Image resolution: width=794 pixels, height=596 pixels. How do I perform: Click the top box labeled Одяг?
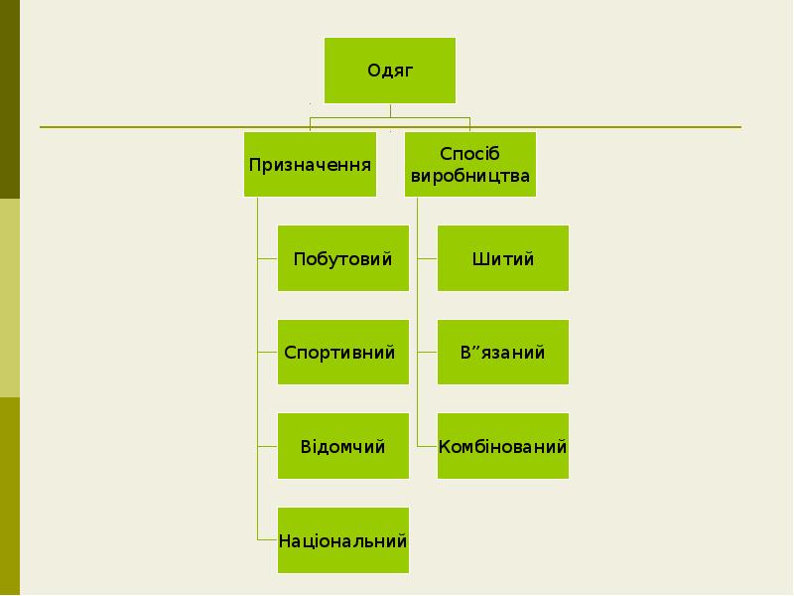click(x=390, y=71)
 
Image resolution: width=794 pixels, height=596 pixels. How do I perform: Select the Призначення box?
click(x=311, y=165)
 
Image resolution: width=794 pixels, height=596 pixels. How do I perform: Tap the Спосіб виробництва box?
click(x=470, y=165)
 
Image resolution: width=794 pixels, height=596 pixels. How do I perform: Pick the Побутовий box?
click(x=343, y=258)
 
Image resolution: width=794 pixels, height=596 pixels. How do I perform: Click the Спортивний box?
click(x=343, y=353)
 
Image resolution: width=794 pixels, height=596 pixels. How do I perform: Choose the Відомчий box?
click(x=343, y=446)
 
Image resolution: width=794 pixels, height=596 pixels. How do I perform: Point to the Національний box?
click(x=343, y=540)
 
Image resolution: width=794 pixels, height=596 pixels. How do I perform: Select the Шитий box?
click(x=503, y=258)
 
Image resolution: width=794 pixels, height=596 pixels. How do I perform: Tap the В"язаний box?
click(x=503, y=353)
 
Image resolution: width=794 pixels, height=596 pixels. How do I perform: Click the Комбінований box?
click(x=503, y=446)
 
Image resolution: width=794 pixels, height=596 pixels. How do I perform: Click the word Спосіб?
click(x=469, y=154)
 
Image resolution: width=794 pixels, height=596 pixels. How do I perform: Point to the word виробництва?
click(x=470, y=177)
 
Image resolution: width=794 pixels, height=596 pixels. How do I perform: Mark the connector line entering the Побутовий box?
click(x=267, y=258)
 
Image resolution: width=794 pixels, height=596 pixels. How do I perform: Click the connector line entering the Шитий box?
click(x=427, y=258)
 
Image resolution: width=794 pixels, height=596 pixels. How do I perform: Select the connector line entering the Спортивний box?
click(x=267, y=353)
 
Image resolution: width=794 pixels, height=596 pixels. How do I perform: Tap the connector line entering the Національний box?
click(x=267, y=540)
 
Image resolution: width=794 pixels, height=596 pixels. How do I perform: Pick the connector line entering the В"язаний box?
click(x=427, y=353)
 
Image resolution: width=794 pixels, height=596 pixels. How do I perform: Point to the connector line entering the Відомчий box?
click(x=267, y=446)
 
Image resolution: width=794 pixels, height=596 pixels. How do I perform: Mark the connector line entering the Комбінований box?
click(x=427, y=446)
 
